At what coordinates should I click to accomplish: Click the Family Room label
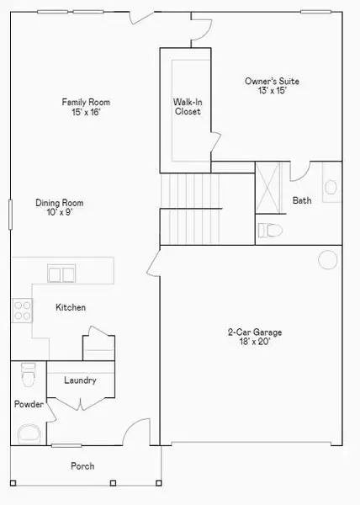click(86, 102)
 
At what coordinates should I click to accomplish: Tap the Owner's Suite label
click(272, 82)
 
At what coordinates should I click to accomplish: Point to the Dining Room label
click(59, 203)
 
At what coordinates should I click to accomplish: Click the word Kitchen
click(71, 308)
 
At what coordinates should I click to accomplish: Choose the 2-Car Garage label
click(254, 332)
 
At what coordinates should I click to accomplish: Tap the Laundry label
click(80, 380)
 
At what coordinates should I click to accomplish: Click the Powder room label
click(28, 405)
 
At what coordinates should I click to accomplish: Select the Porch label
click(82, 466)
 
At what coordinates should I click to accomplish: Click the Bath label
click(302, 200)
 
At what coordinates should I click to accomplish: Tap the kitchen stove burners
click(21, 311)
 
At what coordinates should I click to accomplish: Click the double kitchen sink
click(61, 273)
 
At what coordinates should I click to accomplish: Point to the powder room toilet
click(29, 371)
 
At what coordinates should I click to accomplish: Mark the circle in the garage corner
click(326, 259)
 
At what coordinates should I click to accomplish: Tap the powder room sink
click(30, 434)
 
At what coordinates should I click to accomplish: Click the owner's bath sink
click(331, 187)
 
